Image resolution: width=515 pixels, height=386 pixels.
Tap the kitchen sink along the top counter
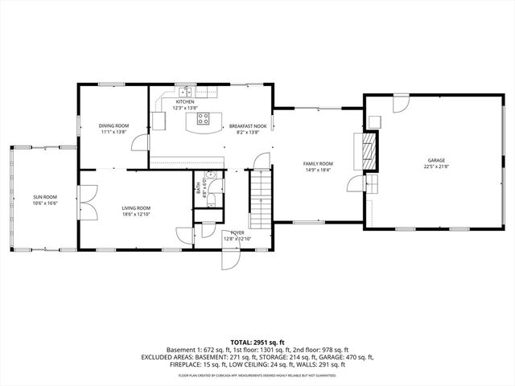point(185,91)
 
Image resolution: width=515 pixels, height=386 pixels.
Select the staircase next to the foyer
point(261,199)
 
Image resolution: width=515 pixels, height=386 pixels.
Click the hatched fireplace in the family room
point(369,151)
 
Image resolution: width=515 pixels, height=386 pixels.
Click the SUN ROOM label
point(45,197)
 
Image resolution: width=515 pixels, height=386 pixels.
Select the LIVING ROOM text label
point(136,208)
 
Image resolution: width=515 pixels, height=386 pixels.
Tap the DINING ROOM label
point(113,125)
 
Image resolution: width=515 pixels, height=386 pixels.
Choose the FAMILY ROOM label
point(317,163)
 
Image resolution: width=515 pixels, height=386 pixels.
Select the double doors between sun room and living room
point(87,200)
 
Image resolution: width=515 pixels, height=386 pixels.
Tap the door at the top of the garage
point(400,104)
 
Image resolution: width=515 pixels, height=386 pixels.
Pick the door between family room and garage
point(353,184)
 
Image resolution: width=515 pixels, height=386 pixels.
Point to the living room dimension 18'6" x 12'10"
point(136,215)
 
